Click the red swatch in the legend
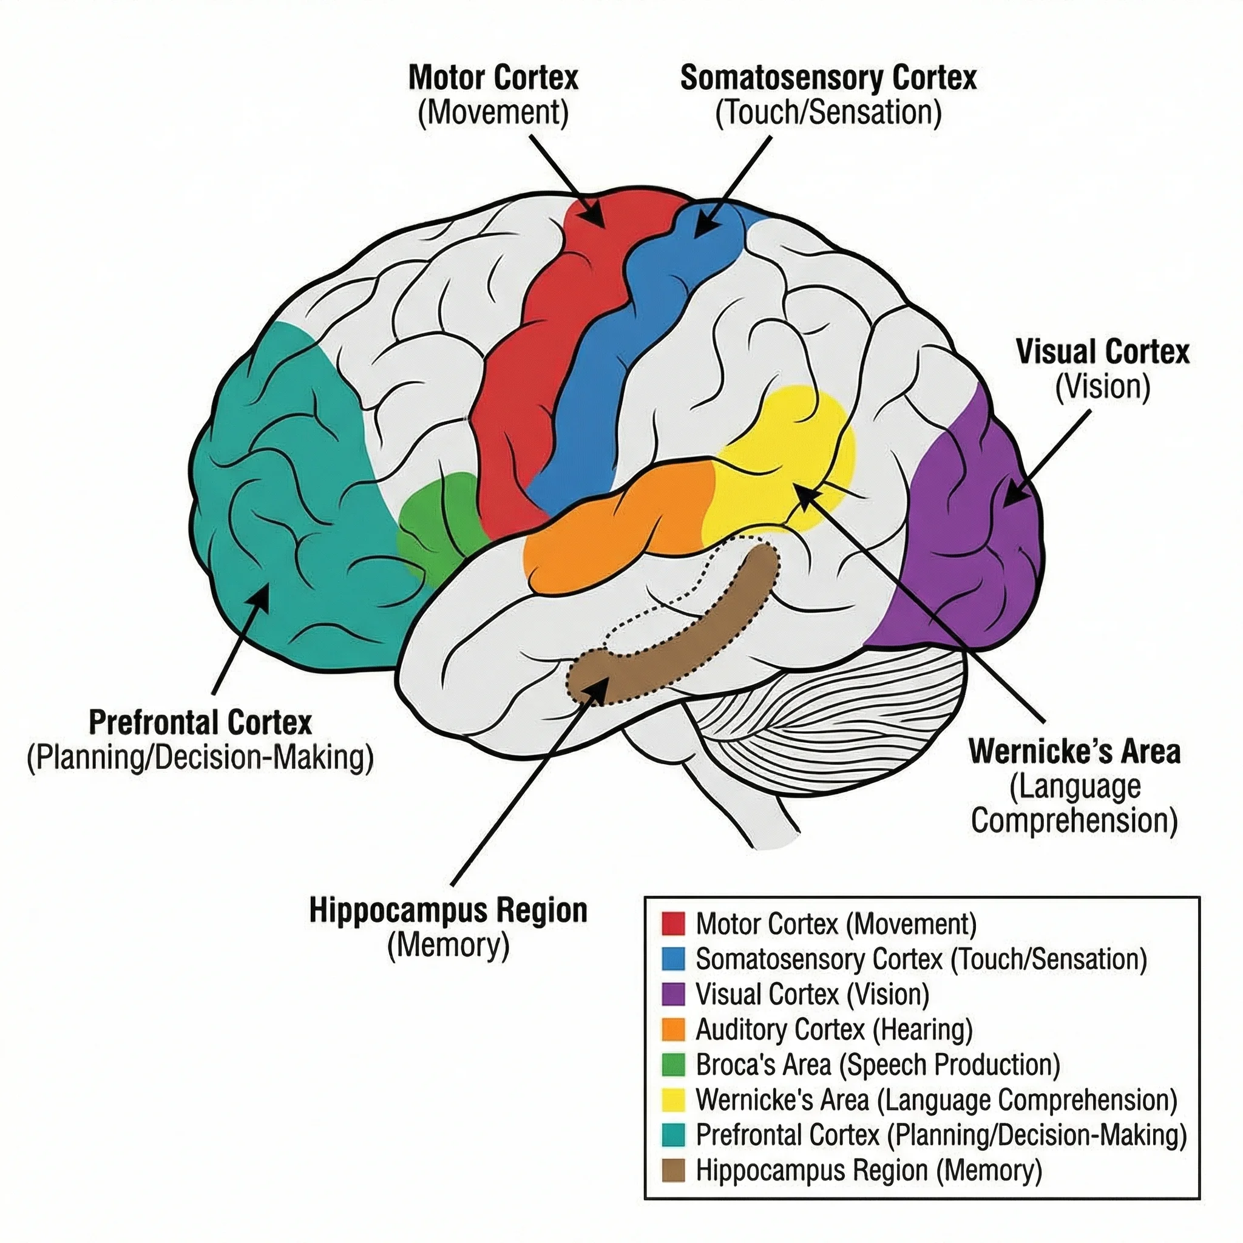673,924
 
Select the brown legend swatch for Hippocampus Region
673,1170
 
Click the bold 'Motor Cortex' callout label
493,78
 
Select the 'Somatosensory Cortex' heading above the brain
828,78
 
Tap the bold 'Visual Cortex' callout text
1102,353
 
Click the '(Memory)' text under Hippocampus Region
449,945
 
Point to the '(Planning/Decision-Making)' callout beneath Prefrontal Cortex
200,757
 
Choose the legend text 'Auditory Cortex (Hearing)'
834,1030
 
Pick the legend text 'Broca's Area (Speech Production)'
878,1065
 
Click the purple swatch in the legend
673,994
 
